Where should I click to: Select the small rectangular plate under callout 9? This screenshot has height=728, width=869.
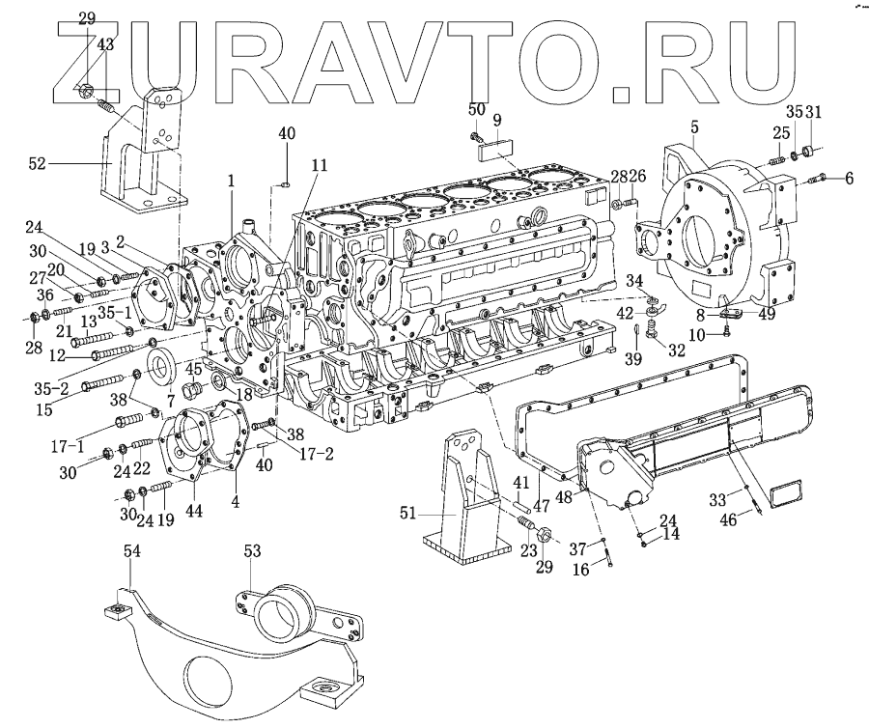494,147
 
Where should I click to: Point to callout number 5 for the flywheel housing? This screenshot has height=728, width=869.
694,126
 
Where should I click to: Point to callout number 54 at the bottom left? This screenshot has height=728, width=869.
132,550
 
